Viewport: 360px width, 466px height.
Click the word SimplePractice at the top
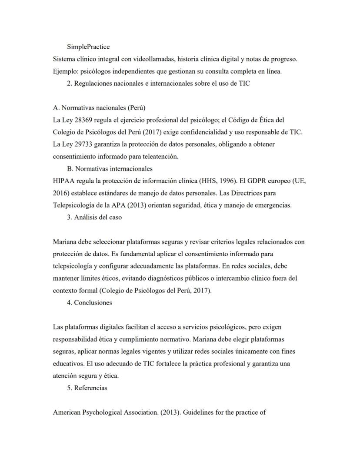[x=88, y=47]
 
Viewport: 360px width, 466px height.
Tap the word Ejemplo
[x=65, y=72]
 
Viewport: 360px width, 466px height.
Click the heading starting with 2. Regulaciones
[x=158, y=84]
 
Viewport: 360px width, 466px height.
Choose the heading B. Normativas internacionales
[x=110, y=168]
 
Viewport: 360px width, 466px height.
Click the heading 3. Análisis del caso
[x=94, y=217]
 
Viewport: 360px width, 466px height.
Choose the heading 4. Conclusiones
[x=89, y=302]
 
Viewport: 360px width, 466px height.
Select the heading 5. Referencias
[x=87, y=388]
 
